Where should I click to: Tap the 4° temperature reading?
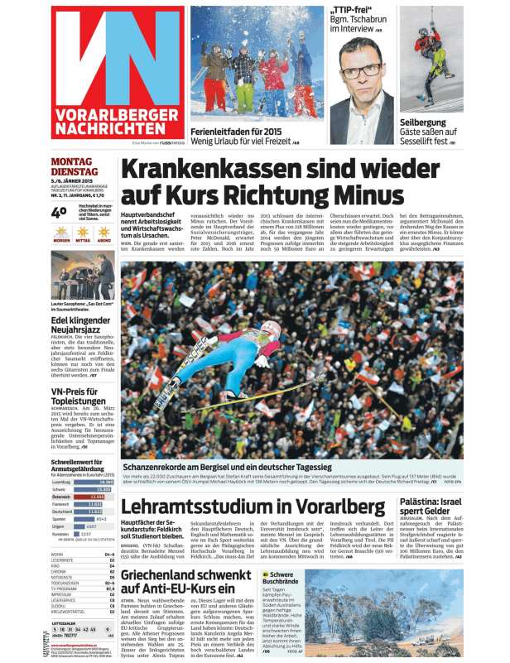point(59,212)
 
